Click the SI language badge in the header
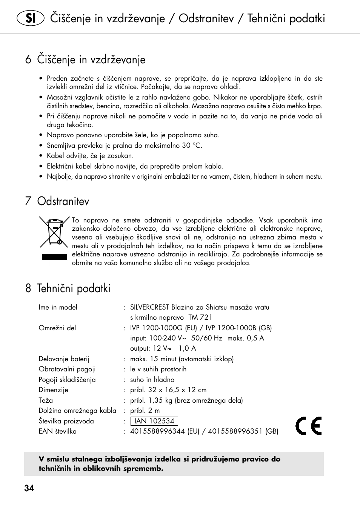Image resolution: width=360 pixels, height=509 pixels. point(30,18)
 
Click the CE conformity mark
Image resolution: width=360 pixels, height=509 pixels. point(308,426)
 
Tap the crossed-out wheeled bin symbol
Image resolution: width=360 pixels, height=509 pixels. point(54,232)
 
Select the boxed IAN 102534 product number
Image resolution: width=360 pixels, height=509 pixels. point(154,421)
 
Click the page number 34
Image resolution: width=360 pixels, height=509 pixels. point(29,488)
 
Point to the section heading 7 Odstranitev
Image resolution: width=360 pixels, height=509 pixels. point(57,201)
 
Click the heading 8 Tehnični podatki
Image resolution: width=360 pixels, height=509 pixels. point(68,288)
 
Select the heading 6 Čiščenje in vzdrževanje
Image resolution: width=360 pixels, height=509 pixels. point(85,60)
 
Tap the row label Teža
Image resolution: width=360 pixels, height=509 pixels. point(46,400)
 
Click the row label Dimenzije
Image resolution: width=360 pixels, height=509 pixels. point(53,390)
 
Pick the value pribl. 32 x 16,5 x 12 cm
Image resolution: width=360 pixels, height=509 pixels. point(168,390)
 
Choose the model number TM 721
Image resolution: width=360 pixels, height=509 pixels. point(200,317)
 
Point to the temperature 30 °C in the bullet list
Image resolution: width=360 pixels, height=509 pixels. point(192,146)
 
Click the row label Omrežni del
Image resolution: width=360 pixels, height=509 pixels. point(57,328)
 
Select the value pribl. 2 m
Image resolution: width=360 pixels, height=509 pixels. point(145,411)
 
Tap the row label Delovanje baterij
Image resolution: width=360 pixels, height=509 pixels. point(64,359)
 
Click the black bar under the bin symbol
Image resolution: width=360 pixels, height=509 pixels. point(54,257)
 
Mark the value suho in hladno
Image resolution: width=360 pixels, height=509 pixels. point(152,380)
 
